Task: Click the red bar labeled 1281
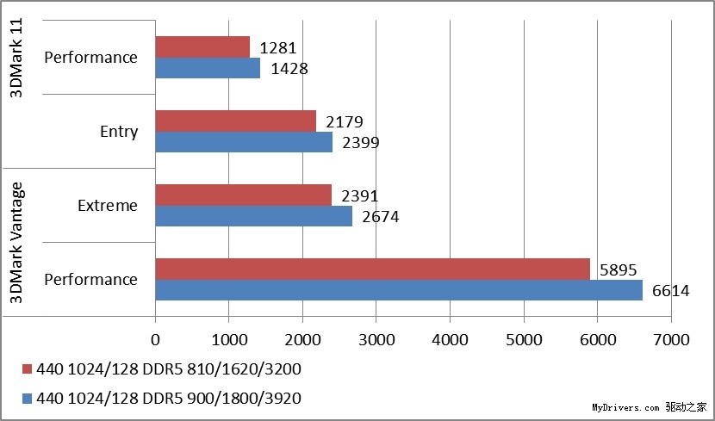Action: pos(202,46)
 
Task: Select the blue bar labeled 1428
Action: pos(208,68)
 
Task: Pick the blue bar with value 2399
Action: pos(244,142)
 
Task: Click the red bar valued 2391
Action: pos(243,195)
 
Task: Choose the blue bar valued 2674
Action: pos(253,216)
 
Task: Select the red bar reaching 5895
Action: pos(372,269)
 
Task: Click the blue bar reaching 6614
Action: pos(399,290)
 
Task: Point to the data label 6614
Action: pos(669,291)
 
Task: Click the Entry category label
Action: pos(119,132)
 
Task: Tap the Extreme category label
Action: pos(108,205)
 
